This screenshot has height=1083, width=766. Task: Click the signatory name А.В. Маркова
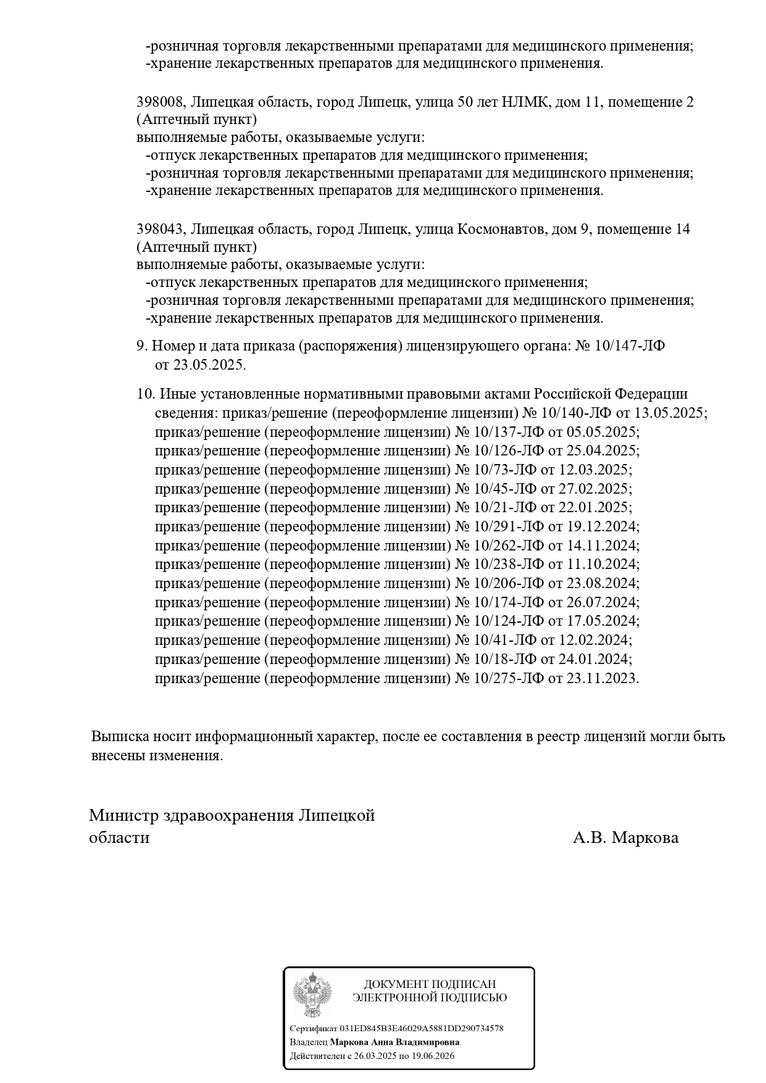[x=625, y=837]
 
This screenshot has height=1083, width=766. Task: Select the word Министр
[x=123, y=815]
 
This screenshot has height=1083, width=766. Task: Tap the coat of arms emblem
[x=312, y=995]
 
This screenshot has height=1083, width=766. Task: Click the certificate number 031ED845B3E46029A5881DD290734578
[x=422, y=1029]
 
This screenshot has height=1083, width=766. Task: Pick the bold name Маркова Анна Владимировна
[x=394, y=1042]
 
